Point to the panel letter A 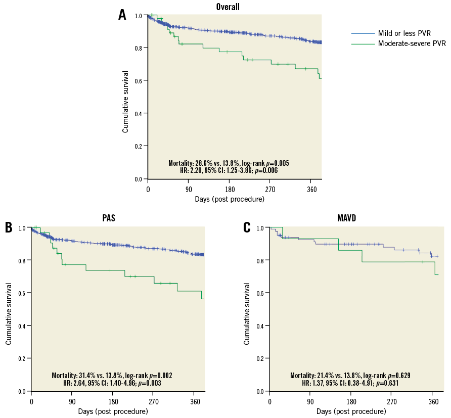[122, 15]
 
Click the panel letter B [9, 227]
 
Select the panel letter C [247, 227]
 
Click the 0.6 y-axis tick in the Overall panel [138, 80]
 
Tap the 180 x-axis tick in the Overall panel [229, 189]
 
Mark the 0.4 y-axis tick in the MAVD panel [260, 326]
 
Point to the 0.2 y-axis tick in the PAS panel [22, 358]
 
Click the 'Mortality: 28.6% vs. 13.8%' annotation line [229, 163]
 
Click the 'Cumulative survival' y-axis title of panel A [125, 102]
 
